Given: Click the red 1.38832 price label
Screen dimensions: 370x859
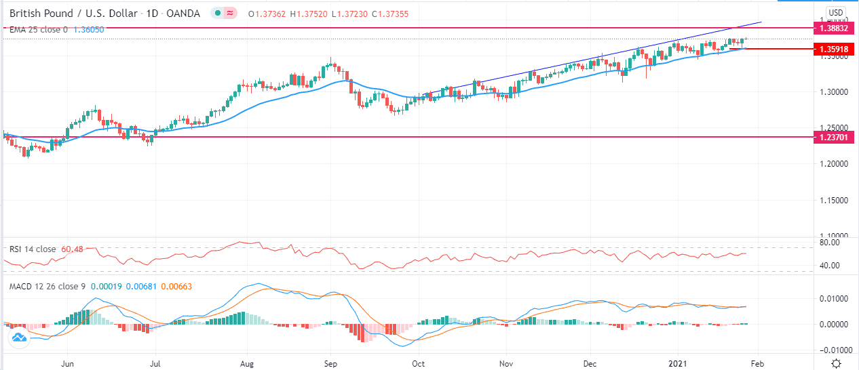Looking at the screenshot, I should point(834,28).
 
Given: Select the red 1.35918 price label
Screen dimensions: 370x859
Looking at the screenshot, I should point(834,49).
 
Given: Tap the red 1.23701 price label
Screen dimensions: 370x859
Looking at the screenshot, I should point(834,137).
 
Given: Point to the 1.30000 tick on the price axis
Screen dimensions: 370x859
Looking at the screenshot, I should point(833,91).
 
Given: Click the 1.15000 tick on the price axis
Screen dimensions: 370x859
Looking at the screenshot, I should point(833,201).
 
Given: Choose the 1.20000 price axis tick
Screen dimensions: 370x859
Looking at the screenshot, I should point(833,164).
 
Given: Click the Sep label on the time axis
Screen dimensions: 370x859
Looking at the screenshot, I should point(330,364).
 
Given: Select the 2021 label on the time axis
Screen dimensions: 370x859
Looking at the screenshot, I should point(679,364).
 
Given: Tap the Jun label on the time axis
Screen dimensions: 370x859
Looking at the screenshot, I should point(67,364).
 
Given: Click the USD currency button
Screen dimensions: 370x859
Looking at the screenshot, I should point(836,13).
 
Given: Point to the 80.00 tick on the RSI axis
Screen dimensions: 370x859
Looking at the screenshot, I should point(830,242).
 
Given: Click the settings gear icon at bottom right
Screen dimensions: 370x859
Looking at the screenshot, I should point(839,364).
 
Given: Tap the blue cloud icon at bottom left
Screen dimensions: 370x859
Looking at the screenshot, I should point(18,336).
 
